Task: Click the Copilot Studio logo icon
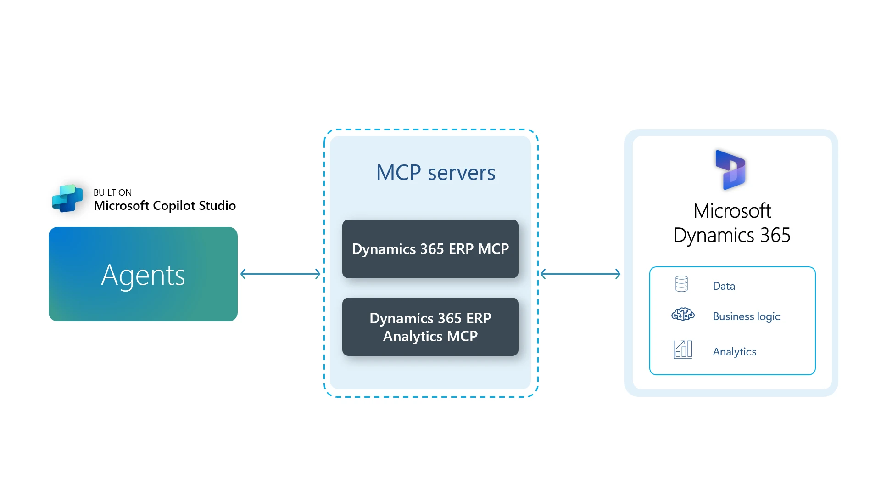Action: click(x=67, y=198)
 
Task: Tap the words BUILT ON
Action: click(x=112, y=192)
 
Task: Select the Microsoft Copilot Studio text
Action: click(x=164, y=206)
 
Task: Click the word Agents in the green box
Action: click(x=143, y=275)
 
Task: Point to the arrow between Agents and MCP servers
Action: click(x=280, y=274)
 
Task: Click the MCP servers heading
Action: click(x=435, y=173)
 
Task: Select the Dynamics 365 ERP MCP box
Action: click(x=430, y=249)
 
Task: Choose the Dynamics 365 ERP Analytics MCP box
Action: click(x=430, y=327)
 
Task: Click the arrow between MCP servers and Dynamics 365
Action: click(x=580, y=274)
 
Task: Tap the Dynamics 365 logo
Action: click(x=732, y=169)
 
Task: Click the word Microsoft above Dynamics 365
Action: click(x=732, y=211)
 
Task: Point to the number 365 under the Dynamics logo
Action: click(x=775, y=236)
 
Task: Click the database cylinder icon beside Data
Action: click(x=681, y=284)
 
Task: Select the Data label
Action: click(x=724, y=286)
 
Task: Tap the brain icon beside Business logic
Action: click(x=683, y=314)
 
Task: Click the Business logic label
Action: click(x=746, y=316)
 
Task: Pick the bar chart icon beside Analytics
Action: click(x=682, y=349)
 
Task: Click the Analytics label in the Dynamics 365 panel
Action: click(x=734, y=352)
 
